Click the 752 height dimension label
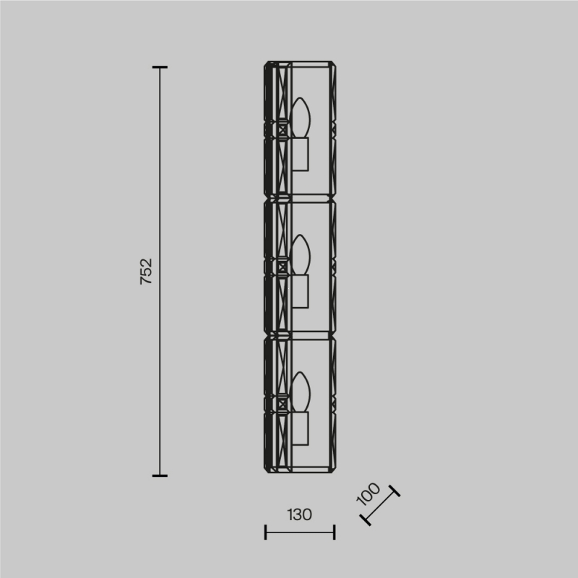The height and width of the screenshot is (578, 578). [x=147, y=272]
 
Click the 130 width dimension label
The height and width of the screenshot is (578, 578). [x=299, y=514]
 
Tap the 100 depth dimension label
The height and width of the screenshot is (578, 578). [x=368, y=493]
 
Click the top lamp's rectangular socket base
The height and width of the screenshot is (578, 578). [x=301, y=155]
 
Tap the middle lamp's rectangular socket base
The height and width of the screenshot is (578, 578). [x=301, y=291]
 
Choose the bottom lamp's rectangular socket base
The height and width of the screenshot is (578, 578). [x=301, y=428]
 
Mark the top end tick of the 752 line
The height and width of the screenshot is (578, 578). [x=160, y=67]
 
